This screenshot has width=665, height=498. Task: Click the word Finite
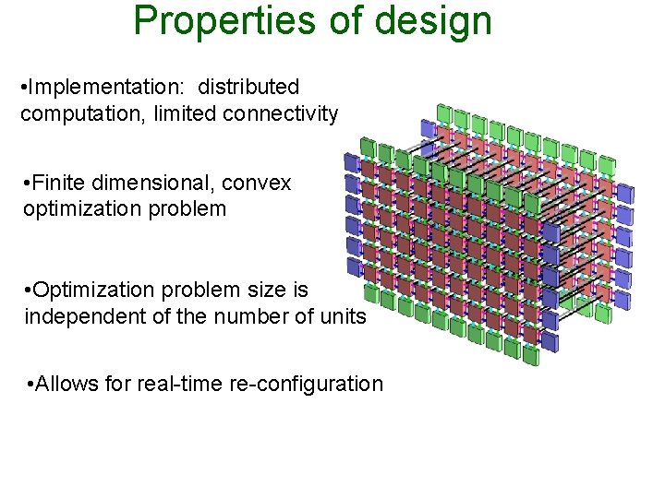point(58,183)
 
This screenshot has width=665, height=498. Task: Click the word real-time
point(184,384)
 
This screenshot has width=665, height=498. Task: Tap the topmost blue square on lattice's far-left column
point(352,162)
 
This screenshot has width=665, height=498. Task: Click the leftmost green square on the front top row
point(367,147)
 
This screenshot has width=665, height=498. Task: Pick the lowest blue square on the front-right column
point(551,342)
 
